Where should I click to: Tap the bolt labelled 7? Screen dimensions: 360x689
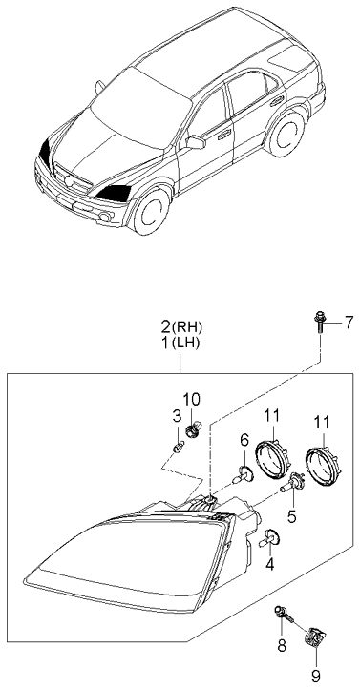319,323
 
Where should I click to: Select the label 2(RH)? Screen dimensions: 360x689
181,327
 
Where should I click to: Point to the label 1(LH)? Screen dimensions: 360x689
180,344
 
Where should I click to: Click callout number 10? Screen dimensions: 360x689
191,399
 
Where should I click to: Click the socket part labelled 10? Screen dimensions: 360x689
193,428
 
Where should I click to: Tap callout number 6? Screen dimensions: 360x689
244,439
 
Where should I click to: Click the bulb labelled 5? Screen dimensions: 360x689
290,484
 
